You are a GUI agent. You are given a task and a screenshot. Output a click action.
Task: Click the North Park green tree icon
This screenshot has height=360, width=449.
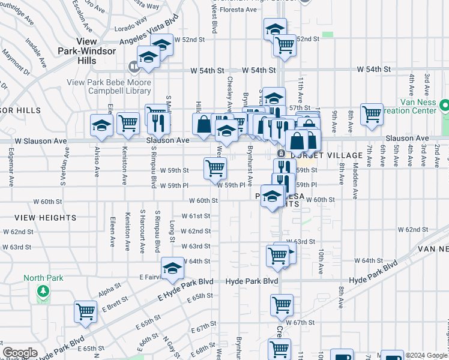(x=43, y=292)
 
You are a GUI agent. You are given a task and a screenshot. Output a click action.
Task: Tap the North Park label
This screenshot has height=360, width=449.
(x=43, y=278)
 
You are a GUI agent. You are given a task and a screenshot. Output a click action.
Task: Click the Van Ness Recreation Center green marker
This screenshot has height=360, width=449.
(x=444, y=106)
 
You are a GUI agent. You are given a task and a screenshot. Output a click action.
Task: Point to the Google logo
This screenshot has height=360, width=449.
(x=20, y=353)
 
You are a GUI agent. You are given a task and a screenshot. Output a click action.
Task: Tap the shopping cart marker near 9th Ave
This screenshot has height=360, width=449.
(x=372, y=112)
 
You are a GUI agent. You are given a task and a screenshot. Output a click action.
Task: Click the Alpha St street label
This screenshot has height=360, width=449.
(x=110, y=292)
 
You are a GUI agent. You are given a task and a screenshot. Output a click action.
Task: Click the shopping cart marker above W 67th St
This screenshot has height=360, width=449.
(x=281, y=305)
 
